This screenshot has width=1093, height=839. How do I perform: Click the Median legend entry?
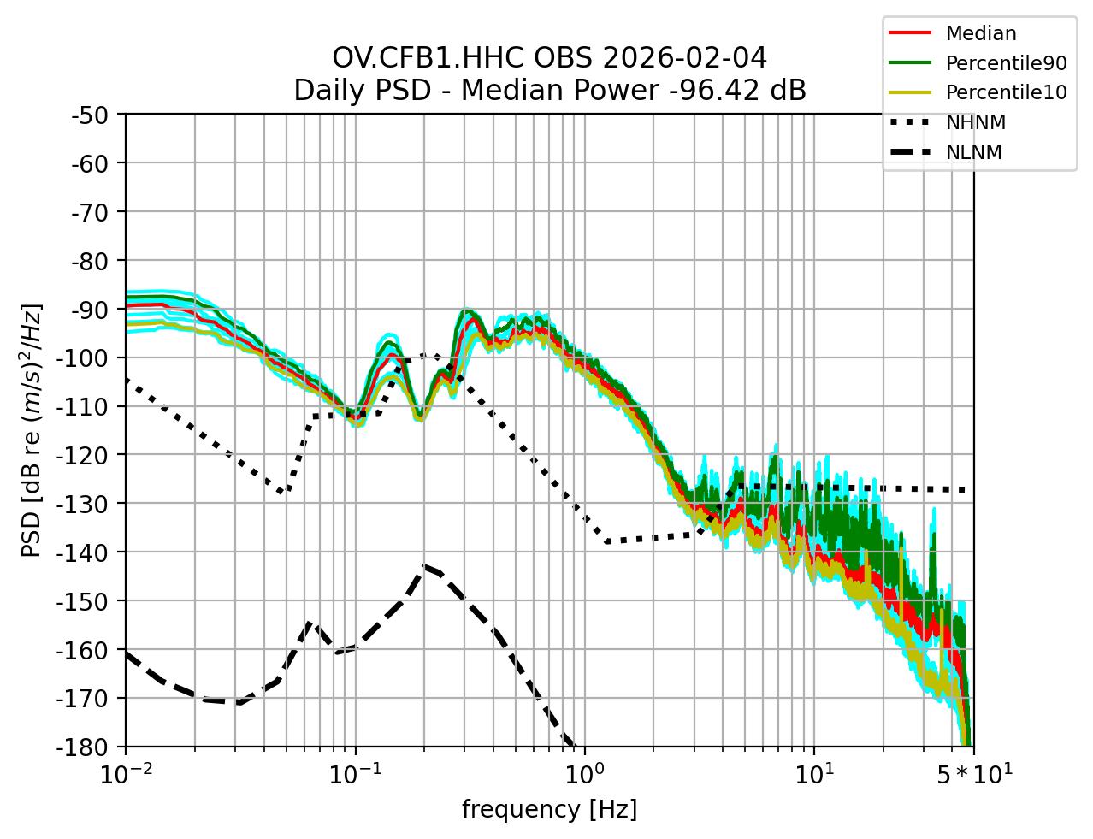coord(980,34)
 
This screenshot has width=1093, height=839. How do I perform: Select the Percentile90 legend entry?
coord(1006,63)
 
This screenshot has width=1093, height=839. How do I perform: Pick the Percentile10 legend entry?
coord(1006,93)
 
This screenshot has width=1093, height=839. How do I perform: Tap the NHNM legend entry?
coord(975,123)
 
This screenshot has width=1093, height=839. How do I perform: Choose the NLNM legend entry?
coord(973,153)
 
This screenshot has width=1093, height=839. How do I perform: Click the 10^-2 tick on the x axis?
coord(126,775)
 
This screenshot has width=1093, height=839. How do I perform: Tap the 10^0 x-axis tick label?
coord(584,775)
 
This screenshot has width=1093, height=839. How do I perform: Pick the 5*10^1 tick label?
coord(972,775)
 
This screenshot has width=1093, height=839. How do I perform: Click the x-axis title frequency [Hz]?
coord(549,809)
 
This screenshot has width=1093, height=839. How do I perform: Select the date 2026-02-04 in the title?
coord(684,58)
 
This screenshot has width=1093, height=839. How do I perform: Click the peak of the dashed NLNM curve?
coord(423,566)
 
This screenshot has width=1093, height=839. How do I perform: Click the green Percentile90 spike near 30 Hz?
coord(933,535)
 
